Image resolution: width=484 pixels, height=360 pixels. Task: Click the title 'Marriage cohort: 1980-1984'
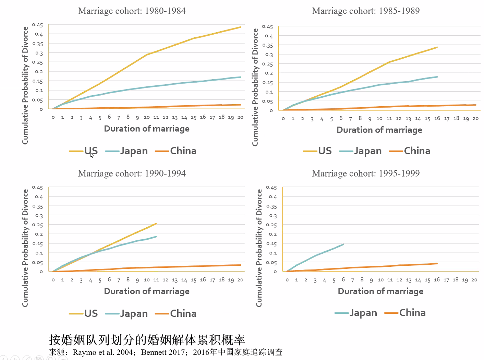[132, 11]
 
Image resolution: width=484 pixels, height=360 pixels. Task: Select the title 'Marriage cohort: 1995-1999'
[365, 173]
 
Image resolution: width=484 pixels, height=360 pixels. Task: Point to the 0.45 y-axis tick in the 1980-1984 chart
[38, 25]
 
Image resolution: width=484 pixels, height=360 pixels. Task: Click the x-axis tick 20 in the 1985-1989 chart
[475, 119]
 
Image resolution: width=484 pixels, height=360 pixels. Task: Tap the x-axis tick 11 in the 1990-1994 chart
[156, 280]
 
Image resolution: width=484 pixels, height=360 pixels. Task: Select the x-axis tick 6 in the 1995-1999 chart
[343, 280]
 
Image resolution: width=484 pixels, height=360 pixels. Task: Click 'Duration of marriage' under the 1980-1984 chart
[147, 129]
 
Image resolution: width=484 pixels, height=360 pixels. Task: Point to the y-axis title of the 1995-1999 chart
[259, 248]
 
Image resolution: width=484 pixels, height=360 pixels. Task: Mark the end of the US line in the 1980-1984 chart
[241, 27]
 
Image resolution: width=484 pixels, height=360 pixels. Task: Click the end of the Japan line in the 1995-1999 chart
[343, 244]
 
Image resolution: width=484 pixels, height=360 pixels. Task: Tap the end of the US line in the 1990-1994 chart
[156, 224]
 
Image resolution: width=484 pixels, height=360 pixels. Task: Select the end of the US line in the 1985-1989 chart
[437, 47]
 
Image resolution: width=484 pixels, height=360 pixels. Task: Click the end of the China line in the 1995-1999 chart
[437, 263]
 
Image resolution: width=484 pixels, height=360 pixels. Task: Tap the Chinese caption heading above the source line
[147, 339]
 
